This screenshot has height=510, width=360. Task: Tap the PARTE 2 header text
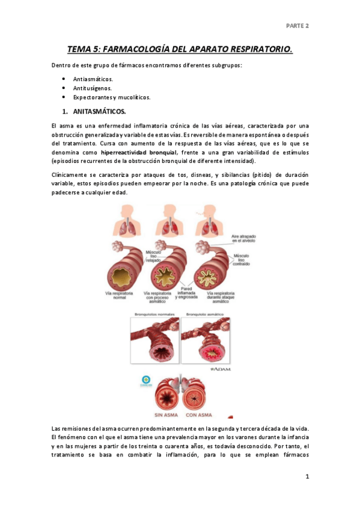(x=297, y=26)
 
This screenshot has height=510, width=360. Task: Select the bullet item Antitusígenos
(x=92, y=88)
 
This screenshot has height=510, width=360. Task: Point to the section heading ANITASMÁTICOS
(x=99, y=111)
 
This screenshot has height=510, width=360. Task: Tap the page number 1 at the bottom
(x=307, y=477)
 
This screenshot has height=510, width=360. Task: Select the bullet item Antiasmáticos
(x=93, y=79)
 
